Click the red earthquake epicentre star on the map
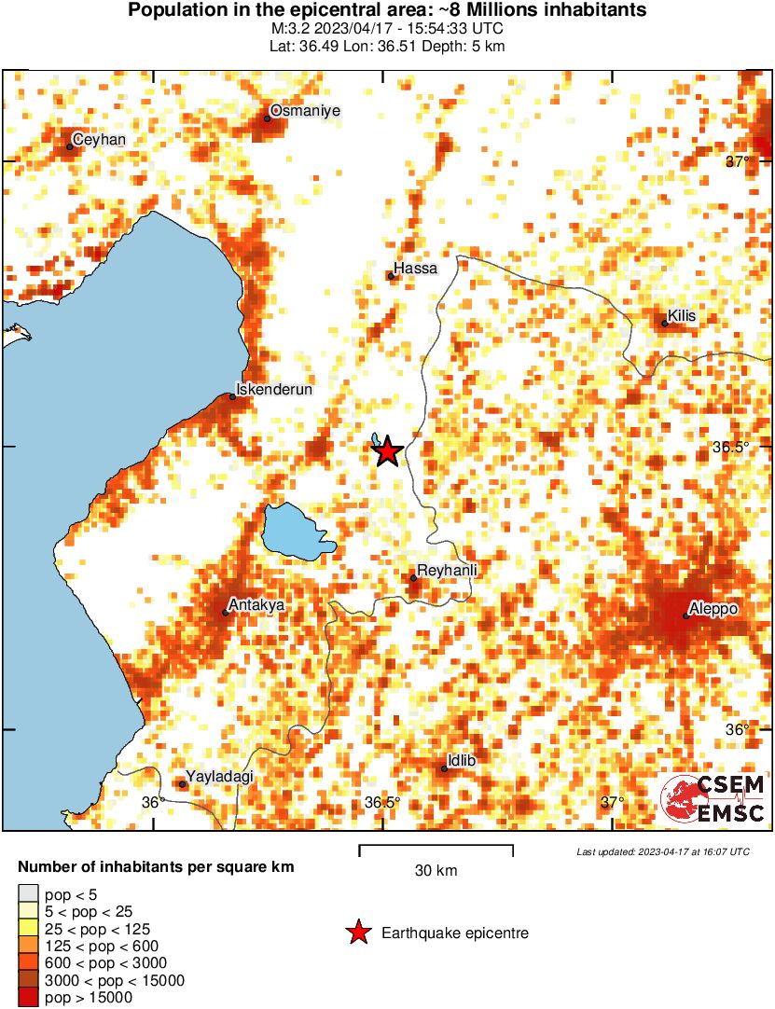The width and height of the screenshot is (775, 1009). tap(387, 451)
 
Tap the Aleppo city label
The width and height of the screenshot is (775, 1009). tap(714, 609)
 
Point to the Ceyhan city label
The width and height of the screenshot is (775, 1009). tap(99, 140)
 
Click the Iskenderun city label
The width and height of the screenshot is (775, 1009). tap(274, 389)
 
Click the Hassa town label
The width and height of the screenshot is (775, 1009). tap(416, 269)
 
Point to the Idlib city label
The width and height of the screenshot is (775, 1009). tap(463, 761)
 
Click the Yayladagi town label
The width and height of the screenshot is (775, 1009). tap(220, 777)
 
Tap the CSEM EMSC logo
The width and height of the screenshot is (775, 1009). tap(713, 799)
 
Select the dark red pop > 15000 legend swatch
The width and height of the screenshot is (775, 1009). tap(28, 998)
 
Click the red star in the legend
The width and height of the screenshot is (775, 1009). tap(356, 933)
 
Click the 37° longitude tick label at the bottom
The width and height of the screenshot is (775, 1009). tap(612, 802)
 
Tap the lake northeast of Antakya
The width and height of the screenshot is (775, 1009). tap(293, 530)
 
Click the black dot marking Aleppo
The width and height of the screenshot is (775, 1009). tap(685, 615)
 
